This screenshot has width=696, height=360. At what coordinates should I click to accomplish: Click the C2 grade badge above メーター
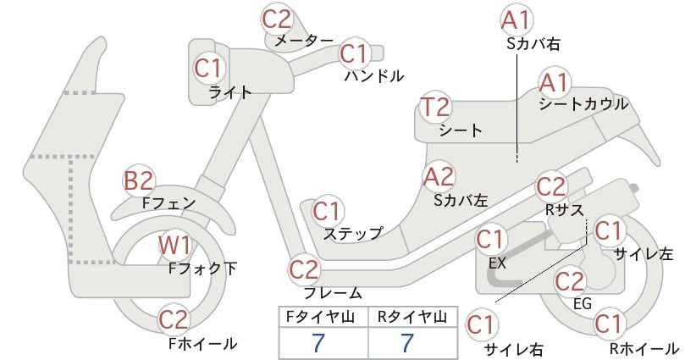[277, 19]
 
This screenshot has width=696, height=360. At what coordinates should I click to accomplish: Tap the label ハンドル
[374, 76]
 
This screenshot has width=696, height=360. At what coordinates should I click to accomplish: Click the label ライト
[230, 92]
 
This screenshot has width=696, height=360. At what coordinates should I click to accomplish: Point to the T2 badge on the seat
[435, 108]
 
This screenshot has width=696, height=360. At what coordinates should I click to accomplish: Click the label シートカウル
[583, 104]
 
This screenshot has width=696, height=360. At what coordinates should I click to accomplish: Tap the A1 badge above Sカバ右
[516, 20]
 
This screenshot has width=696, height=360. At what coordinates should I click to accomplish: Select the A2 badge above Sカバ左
[439, 177]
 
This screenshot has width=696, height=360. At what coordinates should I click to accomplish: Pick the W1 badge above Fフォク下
[175, 246]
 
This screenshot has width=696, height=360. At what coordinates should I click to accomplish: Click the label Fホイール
[202, 343]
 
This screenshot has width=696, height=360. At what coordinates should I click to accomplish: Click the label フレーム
[333, 293]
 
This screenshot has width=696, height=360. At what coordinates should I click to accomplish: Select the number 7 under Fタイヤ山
[318, 343]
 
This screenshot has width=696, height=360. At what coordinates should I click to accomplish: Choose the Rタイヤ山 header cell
[413, 317]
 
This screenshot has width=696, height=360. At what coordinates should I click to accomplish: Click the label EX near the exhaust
[497, 263]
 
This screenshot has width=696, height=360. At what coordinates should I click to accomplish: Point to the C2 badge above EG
[570, 281]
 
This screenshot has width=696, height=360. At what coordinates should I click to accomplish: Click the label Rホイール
[644, 348]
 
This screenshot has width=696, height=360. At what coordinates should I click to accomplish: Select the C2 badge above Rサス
[551, 187]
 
